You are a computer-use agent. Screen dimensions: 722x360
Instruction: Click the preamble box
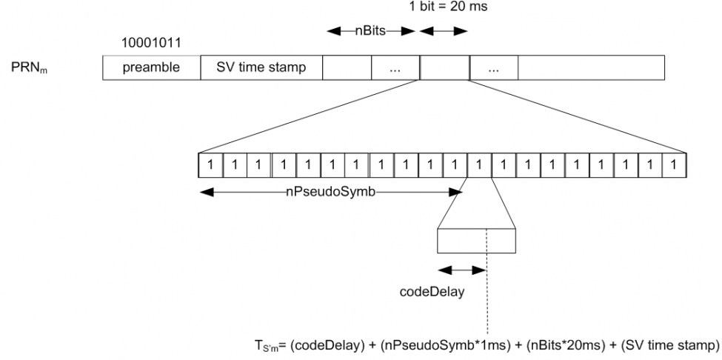pos(152,67)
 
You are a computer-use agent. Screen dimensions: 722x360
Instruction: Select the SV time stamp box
pos(261,67)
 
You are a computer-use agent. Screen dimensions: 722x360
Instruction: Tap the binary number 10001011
pos(152,43)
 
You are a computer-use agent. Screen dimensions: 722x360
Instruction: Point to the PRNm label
pos(30,68)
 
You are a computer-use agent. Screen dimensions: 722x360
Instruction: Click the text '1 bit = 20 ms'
pos(441,7)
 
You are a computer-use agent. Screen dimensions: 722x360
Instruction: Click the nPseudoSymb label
pos(330,193)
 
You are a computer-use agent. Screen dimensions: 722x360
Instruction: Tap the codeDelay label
pos(432,292)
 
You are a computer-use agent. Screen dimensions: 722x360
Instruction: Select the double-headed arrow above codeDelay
pos(462,270)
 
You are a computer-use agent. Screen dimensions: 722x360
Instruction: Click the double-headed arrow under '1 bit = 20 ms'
pos(444,31)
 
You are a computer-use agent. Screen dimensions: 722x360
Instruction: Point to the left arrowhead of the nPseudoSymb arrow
pos(207,193)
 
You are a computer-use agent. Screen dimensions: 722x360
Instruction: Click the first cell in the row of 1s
pos(210,164)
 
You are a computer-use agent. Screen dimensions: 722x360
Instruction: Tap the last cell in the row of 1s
pos(674,164)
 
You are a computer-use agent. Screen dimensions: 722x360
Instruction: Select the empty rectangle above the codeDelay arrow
pos(476,240)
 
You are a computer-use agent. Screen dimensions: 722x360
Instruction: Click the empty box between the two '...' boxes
pos(444,67)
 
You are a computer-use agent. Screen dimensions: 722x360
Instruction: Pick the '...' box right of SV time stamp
pos(395,67)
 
